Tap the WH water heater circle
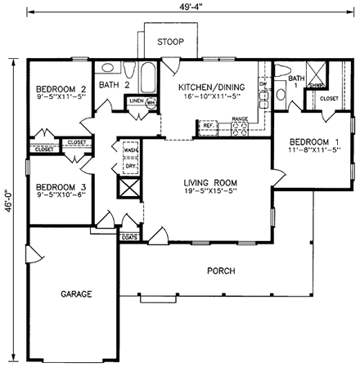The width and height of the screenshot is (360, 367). (x=151, y=103)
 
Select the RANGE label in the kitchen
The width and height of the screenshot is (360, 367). (x=240, y=119)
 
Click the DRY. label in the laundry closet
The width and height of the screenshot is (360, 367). (x=130, y=166)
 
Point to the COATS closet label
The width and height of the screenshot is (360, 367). (x=128, y=237)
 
